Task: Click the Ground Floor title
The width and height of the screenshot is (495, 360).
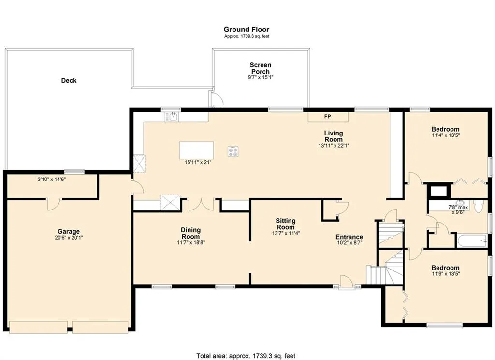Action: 246,30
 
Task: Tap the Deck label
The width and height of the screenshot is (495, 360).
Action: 69,81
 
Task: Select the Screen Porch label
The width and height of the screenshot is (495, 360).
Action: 261,68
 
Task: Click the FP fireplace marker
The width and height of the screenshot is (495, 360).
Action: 327,117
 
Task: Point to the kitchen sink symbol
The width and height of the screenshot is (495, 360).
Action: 173,117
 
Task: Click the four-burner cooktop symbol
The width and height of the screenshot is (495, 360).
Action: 233,152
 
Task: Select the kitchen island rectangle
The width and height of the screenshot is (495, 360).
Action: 196,150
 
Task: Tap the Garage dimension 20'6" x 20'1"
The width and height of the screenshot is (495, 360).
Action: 69,238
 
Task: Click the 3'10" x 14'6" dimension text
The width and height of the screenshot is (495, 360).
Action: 51,179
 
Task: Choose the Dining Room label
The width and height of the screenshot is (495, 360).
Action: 190,233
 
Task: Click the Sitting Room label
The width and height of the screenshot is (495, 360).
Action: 285,224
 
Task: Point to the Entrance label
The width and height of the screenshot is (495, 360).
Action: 349,237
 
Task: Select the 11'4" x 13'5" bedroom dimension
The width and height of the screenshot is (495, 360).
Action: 445,135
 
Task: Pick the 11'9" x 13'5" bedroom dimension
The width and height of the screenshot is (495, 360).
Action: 445,274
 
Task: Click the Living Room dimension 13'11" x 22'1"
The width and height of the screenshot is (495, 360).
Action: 334,146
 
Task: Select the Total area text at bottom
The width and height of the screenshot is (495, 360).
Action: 246,356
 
